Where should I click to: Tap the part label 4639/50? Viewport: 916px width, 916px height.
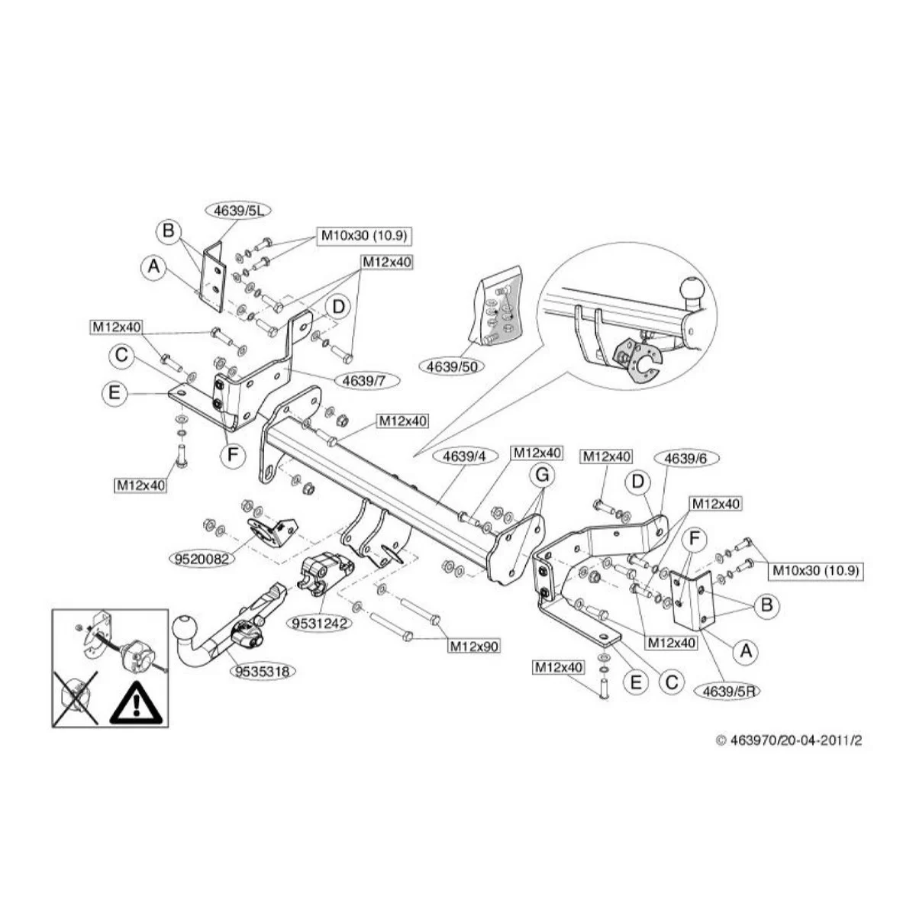point(452,366)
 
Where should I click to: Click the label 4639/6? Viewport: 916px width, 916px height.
point(686,458)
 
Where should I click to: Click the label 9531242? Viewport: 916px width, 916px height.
point(319,622)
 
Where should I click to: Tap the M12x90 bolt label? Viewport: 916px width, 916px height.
point(473,646)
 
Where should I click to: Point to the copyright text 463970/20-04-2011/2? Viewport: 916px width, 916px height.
point(794,740)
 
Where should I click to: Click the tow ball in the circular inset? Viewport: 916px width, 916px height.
point(692,290)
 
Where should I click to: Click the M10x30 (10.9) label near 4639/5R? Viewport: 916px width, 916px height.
point(815,570)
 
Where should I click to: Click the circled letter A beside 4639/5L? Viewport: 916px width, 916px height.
point(154,266)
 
